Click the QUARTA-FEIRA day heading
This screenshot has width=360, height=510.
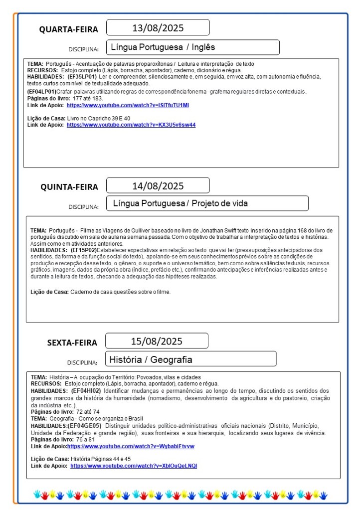coord(69,29)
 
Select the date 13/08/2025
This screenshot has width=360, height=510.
coord(158,27)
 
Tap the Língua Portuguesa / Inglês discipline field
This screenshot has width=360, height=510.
coord(192,47)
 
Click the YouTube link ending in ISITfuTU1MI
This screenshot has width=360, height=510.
coord(128,106)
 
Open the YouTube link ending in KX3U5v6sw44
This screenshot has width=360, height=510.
coord(131,125)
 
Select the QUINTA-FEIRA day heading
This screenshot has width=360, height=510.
coord(69,187)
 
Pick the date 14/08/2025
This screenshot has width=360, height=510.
coord(158,186)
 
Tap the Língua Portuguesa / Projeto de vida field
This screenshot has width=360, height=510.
coord(207,203)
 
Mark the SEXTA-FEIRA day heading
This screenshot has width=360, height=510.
coord(72,342)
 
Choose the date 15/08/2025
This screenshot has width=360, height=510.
coord(157,341)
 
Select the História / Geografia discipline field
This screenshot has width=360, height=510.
coord(191,359)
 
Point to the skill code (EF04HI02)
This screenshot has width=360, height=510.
coord(87,391)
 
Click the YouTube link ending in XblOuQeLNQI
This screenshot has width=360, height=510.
coord(134,466)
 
